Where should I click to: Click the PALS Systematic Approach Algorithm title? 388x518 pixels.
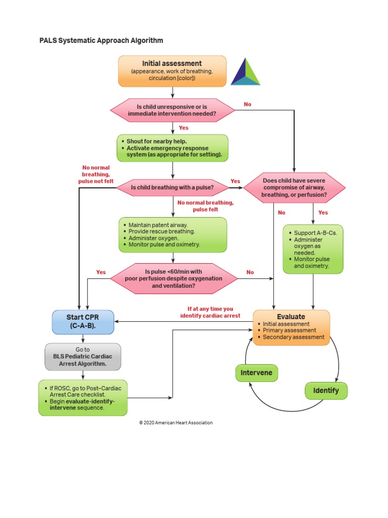coord(101,40)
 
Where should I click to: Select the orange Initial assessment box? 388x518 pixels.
coord(172,71)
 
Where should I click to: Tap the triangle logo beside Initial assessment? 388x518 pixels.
coord(246,72)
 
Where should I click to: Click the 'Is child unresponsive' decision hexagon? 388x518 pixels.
coord(172,110)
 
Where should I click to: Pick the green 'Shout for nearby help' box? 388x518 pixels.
coord(172,148)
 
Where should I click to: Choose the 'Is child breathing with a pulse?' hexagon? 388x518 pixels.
coord(172,188)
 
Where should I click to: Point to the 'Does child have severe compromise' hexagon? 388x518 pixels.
coord(295,188)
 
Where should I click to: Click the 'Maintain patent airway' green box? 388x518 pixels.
coord(172,235)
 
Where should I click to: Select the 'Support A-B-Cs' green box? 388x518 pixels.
coord(313,249)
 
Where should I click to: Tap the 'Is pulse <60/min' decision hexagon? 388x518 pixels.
coord(174,278)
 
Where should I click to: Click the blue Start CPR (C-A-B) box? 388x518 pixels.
coord(83,322)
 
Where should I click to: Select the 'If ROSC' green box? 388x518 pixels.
coord(83,398)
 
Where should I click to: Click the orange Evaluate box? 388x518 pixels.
coord(291,327)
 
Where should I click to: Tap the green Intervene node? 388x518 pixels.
coord(256,373)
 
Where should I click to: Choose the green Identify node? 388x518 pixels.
coord(326,391)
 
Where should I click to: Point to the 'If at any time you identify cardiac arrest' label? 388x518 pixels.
coord(210,312)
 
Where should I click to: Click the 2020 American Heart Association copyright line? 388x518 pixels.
coord(176,422)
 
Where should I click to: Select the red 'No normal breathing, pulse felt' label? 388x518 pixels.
coord(205,205)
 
